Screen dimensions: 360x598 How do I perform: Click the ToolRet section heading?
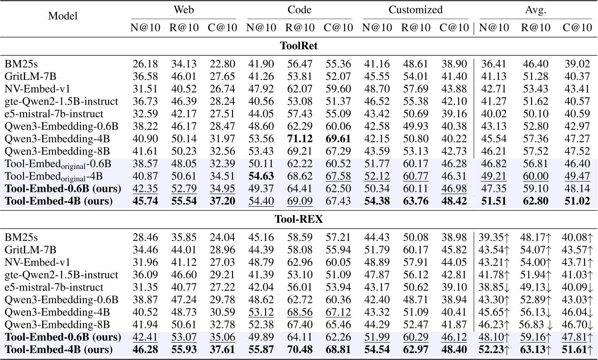[x=299, y=46]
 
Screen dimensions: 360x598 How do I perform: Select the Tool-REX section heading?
[x=299, y=219]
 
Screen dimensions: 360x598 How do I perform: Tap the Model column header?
[x=63, y=17]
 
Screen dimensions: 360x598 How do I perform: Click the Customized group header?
[x=415, y=10]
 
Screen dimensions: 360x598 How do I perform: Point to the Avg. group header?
[x=535, y=10]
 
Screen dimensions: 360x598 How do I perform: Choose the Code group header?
[x=299, y=10]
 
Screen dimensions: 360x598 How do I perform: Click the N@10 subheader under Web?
[x=145, y=28]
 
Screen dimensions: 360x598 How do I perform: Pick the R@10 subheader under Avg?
[x=535, y=28]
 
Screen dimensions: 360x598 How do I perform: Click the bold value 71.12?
[x=299, y=139]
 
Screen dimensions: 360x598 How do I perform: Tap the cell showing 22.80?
[x=222, y=64]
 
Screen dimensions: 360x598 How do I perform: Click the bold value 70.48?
[x=299, y=349]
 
